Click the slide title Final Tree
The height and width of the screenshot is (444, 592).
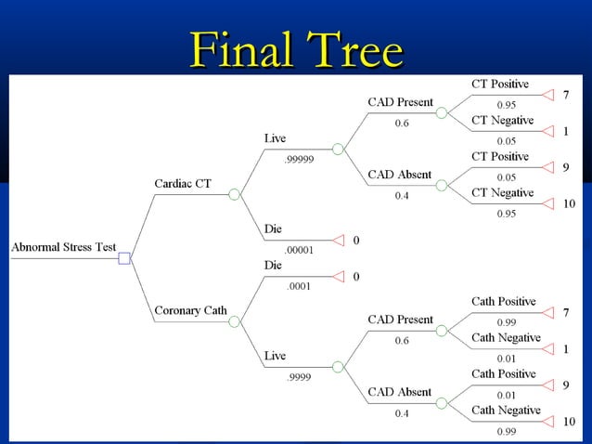pyautogui.click(x=296, y=50)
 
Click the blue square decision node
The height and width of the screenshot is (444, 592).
pyautogui.click(x=124, y=257)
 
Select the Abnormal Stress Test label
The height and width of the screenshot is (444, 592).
pyautogui.click(x=63, y=247)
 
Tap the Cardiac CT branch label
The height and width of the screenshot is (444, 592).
pyautogui.click(x=182, y=184)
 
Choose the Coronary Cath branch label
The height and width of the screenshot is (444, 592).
pyautogui.click(x=190, y=310)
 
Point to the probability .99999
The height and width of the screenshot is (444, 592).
pyautogui.click(x=299, y=159)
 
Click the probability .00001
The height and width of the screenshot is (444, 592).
pyautogui.click(x=299, y=250)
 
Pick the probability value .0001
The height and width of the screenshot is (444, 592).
pyautogui.click(x=298, y=286)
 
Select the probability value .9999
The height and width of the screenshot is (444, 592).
pyautogui.click(x=298, y=376)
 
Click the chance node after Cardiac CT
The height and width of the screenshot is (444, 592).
pyautogui.click(x=235, y=194)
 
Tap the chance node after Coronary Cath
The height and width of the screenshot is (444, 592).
pyautogui.click(x=235, y=320)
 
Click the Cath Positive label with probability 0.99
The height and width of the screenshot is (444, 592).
pyautogui.click(x=503, y=302)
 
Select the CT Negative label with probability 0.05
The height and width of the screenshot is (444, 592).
pyautogui.click(x=502, y=121)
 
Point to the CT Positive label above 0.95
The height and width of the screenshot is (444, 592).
pyautogui.click(x=500, y=85)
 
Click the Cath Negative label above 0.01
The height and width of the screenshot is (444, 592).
pyautogui.click(x=506, y=338)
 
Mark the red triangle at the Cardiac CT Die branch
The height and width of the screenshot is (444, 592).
pyautogui.click(x=338, y=240)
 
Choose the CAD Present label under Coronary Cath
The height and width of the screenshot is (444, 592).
pyautogui.click(x=401, y=320)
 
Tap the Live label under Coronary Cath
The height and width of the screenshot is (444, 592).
pyautogui.click(x=275, y=356)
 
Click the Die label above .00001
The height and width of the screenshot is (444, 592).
pyautogui.click(x=274, y=229)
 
